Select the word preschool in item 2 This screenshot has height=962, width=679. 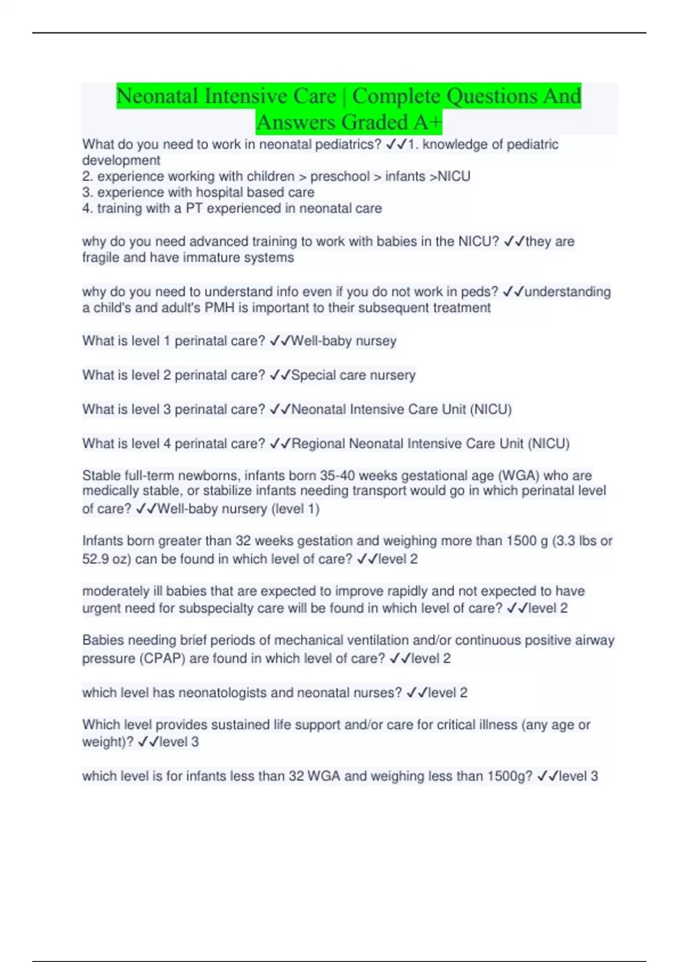coord(339,177)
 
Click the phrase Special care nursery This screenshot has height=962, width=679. coord(353,375)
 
